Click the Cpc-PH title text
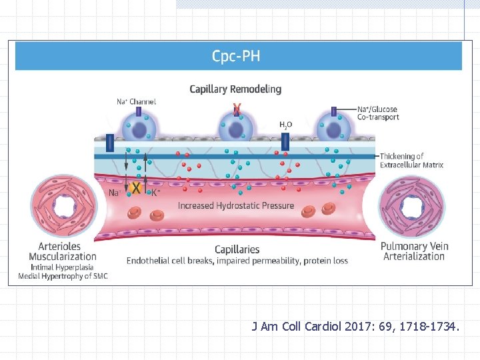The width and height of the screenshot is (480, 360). pyautogui.click(x=236, y=56)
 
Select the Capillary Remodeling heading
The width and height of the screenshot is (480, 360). pyautogui.click(x=235, y=89)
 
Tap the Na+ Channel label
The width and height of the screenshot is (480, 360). pyautogui.click(x=137, y=102)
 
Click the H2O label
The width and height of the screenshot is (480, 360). pyautogui.click(x=285, y=124)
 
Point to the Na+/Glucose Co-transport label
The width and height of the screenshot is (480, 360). pyautogui.click(x=378, y=113)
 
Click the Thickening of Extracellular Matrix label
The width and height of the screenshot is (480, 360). pyautogui.click(x=411, y=161)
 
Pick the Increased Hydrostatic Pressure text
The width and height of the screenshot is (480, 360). pyautogui.click(x=236, y=205)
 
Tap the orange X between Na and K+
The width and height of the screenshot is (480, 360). pyautogui.click(x=136, y=189)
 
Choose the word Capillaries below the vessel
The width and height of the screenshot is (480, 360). pyautogui.click(x=237, y=249)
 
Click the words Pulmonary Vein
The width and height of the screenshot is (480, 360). pyautogui.click(x=415, y=246)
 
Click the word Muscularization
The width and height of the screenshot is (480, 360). pyautogui.click(x=63, y=257)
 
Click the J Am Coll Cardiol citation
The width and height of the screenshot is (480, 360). pyautogui.click(x=355, y=327)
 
